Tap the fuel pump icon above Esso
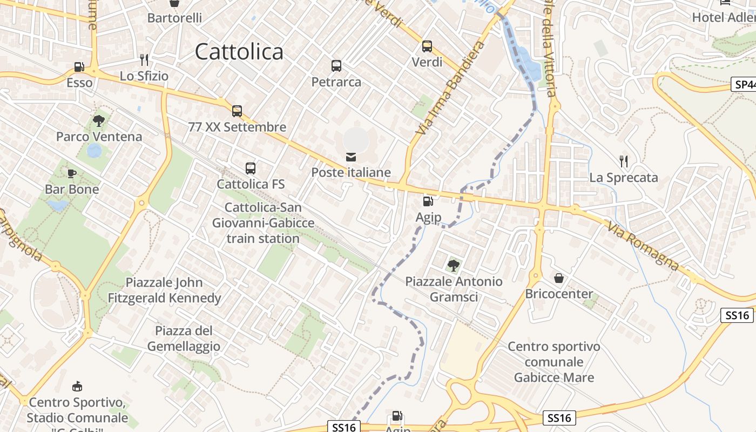pyautogui.click(x=79, y=67)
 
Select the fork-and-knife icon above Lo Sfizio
pyautogui.click(x=144, y=59)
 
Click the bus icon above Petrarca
pyautogui.click(x=336, y=66)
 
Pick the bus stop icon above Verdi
pyautogui.click(x=427, y=46)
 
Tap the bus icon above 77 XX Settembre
pyautogui.click(x=237, y=111)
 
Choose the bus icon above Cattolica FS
pyautogui.click(x=251, y=168)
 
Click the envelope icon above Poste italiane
pyautogui.click(x=351, y=157)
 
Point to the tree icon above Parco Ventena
pyautogui.click(x=99, y=120)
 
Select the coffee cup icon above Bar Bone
pyautogui.click(x=72, y=173)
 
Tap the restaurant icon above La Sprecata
pyautogui.click(x=624, y=161)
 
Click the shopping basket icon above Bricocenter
pyautogui.click(x=559, y=278)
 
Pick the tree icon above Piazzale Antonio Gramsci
pyautogui.click(x=454, y=265)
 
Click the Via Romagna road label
pyautogui.click(x=643, y=246)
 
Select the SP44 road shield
pyautogui.click(x=745, y=84)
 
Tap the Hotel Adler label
pyautogui.click(x=724, y=17)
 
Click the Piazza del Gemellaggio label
pyautogui.click(x=184, y=339)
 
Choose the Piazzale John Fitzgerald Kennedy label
pyautogui.click(x=165, y=290)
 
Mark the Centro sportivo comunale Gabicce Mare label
pyautogui.click(x=554, y=362)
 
